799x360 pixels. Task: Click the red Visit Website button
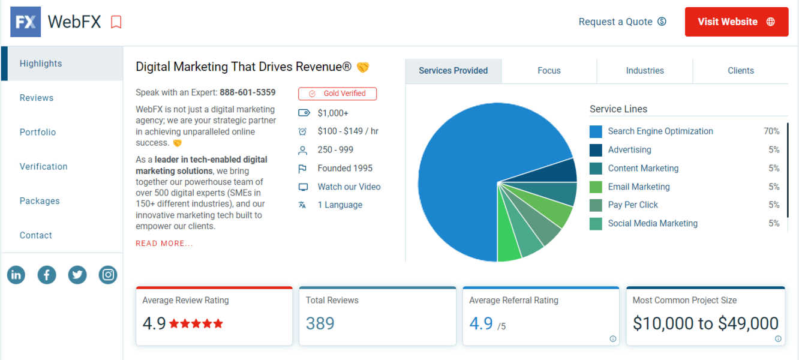(x=736, y=22)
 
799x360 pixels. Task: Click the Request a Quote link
(x=622, y=22)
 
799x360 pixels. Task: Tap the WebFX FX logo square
(x=26, y=22)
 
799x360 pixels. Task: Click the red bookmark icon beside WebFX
(x=116, y=22)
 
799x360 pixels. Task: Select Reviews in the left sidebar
(x=37, y=98)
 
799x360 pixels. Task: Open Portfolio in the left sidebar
(x=38, y=132)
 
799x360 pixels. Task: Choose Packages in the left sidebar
(x=40, y=201)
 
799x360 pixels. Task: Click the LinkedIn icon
(x=16, y=275)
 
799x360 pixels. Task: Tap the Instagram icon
(x=108, y=275)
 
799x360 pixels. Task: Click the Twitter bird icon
(x=77, y=275)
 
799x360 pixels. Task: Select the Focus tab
(x=549, y=71)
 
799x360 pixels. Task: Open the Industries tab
(x=645, y=71)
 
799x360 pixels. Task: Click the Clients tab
(x=741, y=71)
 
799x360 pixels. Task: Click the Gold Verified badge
(x=337, y=94)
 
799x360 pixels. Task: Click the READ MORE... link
(x=164, y=244)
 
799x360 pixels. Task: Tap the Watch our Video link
(x=349, y=187)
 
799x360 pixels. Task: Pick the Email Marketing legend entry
(x=638, y=187)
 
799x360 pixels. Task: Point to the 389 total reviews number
(x=320, y=324)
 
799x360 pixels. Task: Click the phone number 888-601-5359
(x=247, y=92)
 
